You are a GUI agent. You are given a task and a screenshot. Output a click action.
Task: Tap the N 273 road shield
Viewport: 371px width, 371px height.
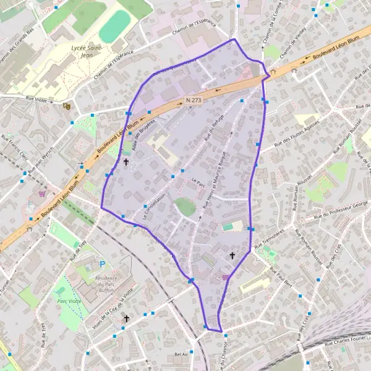(194, 100)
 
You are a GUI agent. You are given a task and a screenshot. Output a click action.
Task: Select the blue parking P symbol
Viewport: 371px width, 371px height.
(103, 265)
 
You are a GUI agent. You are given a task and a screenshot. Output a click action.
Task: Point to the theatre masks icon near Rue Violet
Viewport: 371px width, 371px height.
(67, 106)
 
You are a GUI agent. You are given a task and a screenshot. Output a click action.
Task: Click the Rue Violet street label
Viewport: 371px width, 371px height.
(38, 98)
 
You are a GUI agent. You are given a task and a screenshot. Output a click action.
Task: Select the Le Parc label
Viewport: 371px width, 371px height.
(198, 182)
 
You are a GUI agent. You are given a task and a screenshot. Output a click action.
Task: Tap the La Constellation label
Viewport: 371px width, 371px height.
(155, 205)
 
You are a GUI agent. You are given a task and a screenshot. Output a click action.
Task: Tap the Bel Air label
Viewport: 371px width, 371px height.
(181, 354)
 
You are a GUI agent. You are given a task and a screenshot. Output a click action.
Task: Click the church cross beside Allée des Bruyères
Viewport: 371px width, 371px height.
(126, 162)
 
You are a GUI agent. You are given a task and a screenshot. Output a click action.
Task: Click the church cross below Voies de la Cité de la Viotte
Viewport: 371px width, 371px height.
(126, 318)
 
